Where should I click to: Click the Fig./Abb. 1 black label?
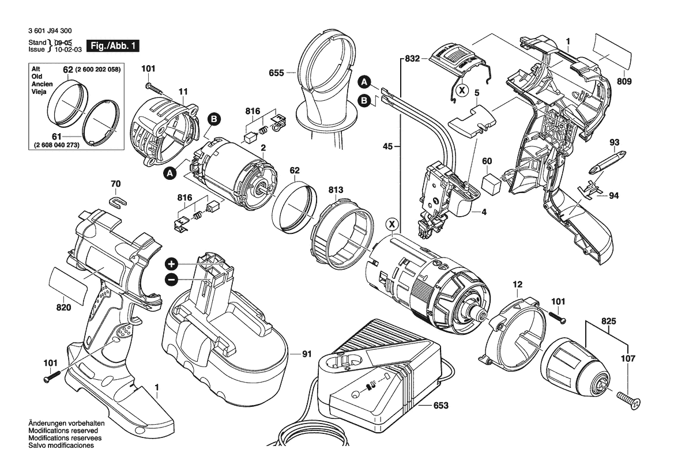coord(112,46)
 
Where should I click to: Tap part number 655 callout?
coord(277,73)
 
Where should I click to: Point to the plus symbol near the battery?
coord(171,265)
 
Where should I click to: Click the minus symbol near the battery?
coord(171,280)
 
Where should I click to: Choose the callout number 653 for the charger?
coord(440,405)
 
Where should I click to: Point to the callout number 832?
coord(412,59)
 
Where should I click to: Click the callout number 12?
coord(517,285)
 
